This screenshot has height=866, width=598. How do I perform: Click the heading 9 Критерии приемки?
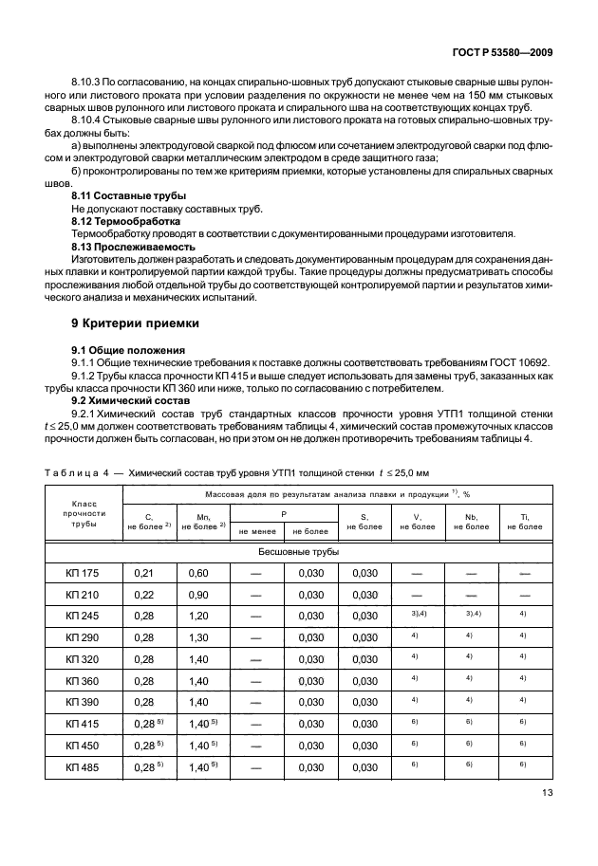click(x=136, y=323)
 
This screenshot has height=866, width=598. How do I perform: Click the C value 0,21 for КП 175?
click(x=143, y=573)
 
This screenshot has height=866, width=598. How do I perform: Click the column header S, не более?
click(x=364, y=520)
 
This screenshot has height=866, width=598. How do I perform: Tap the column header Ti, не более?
click(x=525, y=520)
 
